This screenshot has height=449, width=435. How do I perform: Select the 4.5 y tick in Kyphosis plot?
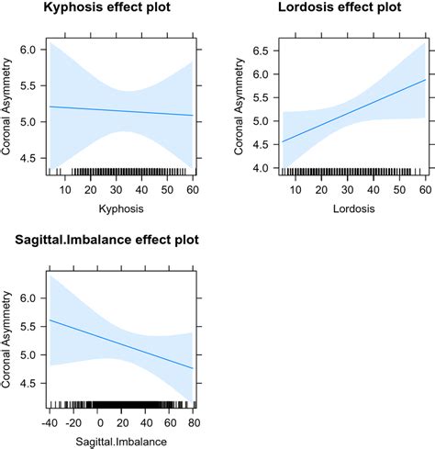pyautogui.click(x=29, y=159)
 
